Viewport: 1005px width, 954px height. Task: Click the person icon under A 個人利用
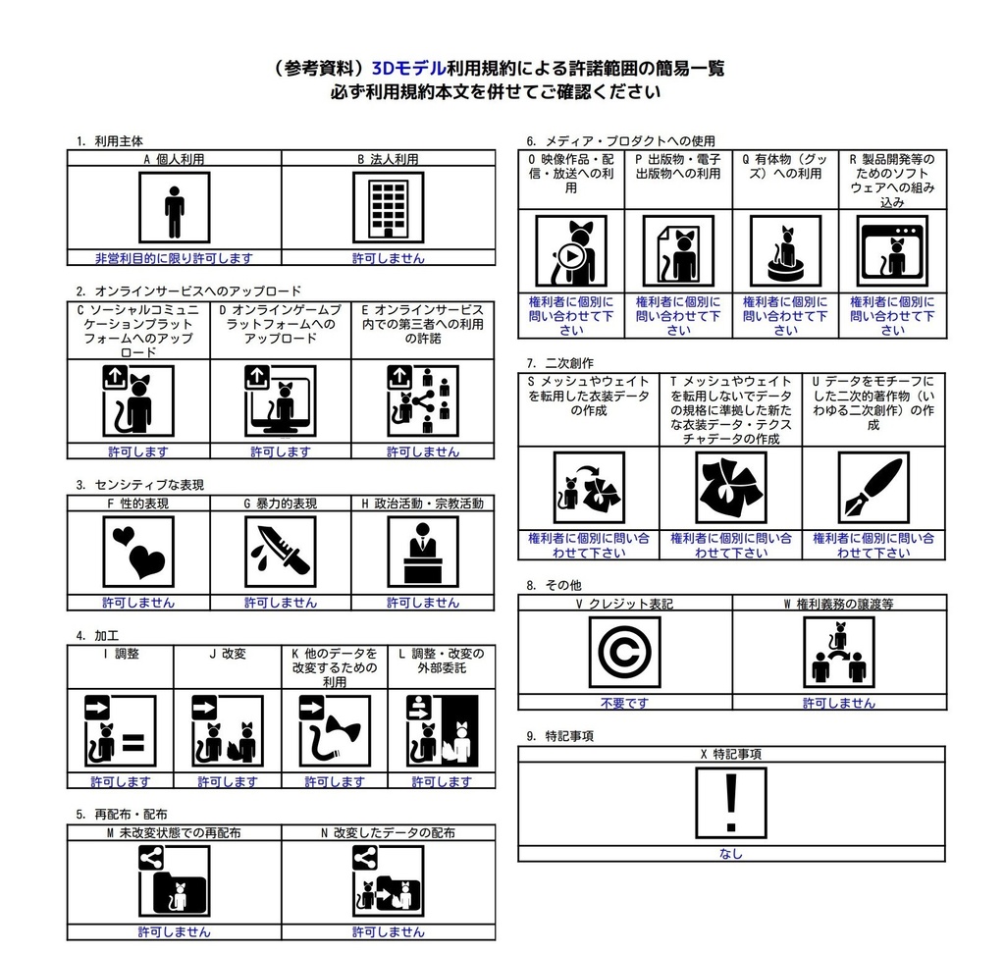174,207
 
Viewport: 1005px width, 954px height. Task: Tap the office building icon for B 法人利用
388,207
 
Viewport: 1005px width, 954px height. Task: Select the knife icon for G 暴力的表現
281,552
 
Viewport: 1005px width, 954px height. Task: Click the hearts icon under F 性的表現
138,552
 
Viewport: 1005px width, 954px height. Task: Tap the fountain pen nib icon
873,488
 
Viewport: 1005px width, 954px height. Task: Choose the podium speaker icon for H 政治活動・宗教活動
423,552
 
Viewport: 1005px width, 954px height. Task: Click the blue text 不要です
625,703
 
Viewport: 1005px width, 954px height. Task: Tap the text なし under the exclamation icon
731,854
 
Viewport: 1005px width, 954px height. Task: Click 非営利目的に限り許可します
174,258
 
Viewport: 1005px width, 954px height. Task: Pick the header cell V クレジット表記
625,605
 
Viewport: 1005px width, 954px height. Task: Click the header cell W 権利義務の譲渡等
838,605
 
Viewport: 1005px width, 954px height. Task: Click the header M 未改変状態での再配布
174,832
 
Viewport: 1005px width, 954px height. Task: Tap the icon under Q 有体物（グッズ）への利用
785,251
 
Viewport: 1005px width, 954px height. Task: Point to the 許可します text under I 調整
121,781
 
